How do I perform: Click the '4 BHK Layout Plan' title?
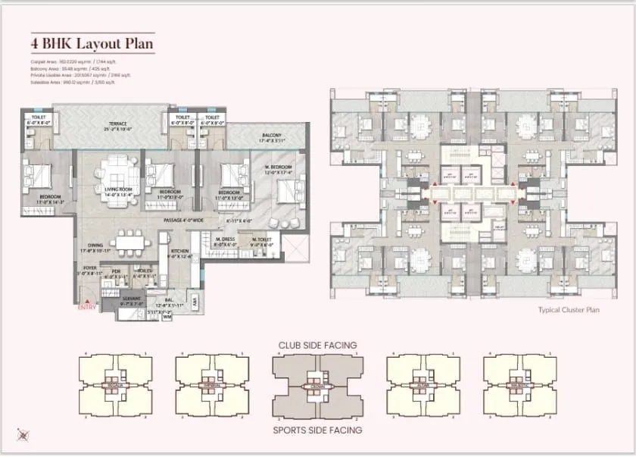point(92,44)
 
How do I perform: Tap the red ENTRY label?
point(88,307)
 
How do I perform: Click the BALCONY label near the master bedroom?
point(272,136)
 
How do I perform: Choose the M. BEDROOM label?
point(278,167)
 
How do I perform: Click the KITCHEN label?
point(179,251)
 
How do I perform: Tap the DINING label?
point(95,246)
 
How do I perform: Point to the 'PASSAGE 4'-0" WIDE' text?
point(185,220)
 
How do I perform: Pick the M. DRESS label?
point(225,240)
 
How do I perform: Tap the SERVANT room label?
point(131,299)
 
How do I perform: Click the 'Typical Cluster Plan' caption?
point(569,310)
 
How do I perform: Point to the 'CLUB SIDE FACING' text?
point(318,346)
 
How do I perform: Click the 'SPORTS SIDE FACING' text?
point(318,430)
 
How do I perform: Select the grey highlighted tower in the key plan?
point(318,387)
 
